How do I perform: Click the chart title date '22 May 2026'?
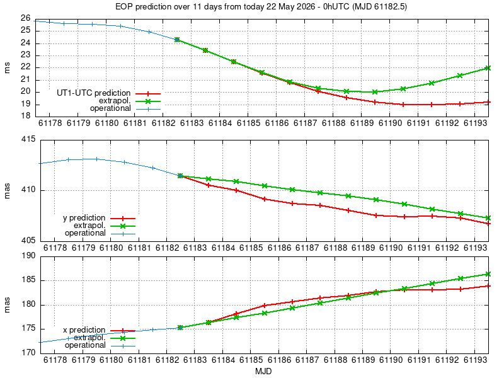[x=290, y=6]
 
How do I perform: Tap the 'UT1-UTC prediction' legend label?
[x=93, y=93]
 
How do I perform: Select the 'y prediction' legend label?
[x=84, y=218]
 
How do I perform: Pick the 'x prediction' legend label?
[x=84, y=330]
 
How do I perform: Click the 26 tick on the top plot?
[x=26, y=18]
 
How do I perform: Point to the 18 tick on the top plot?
[x=26, y=116]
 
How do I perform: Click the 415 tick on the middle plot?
[x=29, y=139]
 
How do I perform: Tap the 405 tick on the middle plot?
[x=29, y=241]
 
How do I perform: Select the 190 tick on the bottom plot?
[x=29, y=256]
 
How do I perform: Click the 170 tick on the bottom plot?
[x=29, y=353]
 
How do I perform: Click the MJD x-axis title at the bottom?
[x=263, y=371]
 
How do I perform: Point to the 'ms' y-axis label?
[x=7, y=68]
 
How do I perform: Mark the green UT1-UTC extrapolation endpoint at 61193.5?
[x=488, y=68]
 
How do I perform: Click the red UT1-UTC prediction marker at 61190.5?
[x=403, y=105]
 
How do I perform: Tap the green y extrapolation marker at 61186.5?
[x=292, y=190]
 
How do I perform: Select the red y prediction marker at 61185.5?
[x=265, y=199]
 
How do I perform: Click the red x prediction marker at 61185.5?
[x=265, y=306]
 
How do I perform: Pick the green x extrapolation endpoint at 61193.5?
[x=488, y=274]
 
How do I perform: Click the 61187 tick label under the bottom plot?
[x=307, y=360]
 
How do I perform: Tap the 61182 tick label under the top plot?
[x=163, y=123]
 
